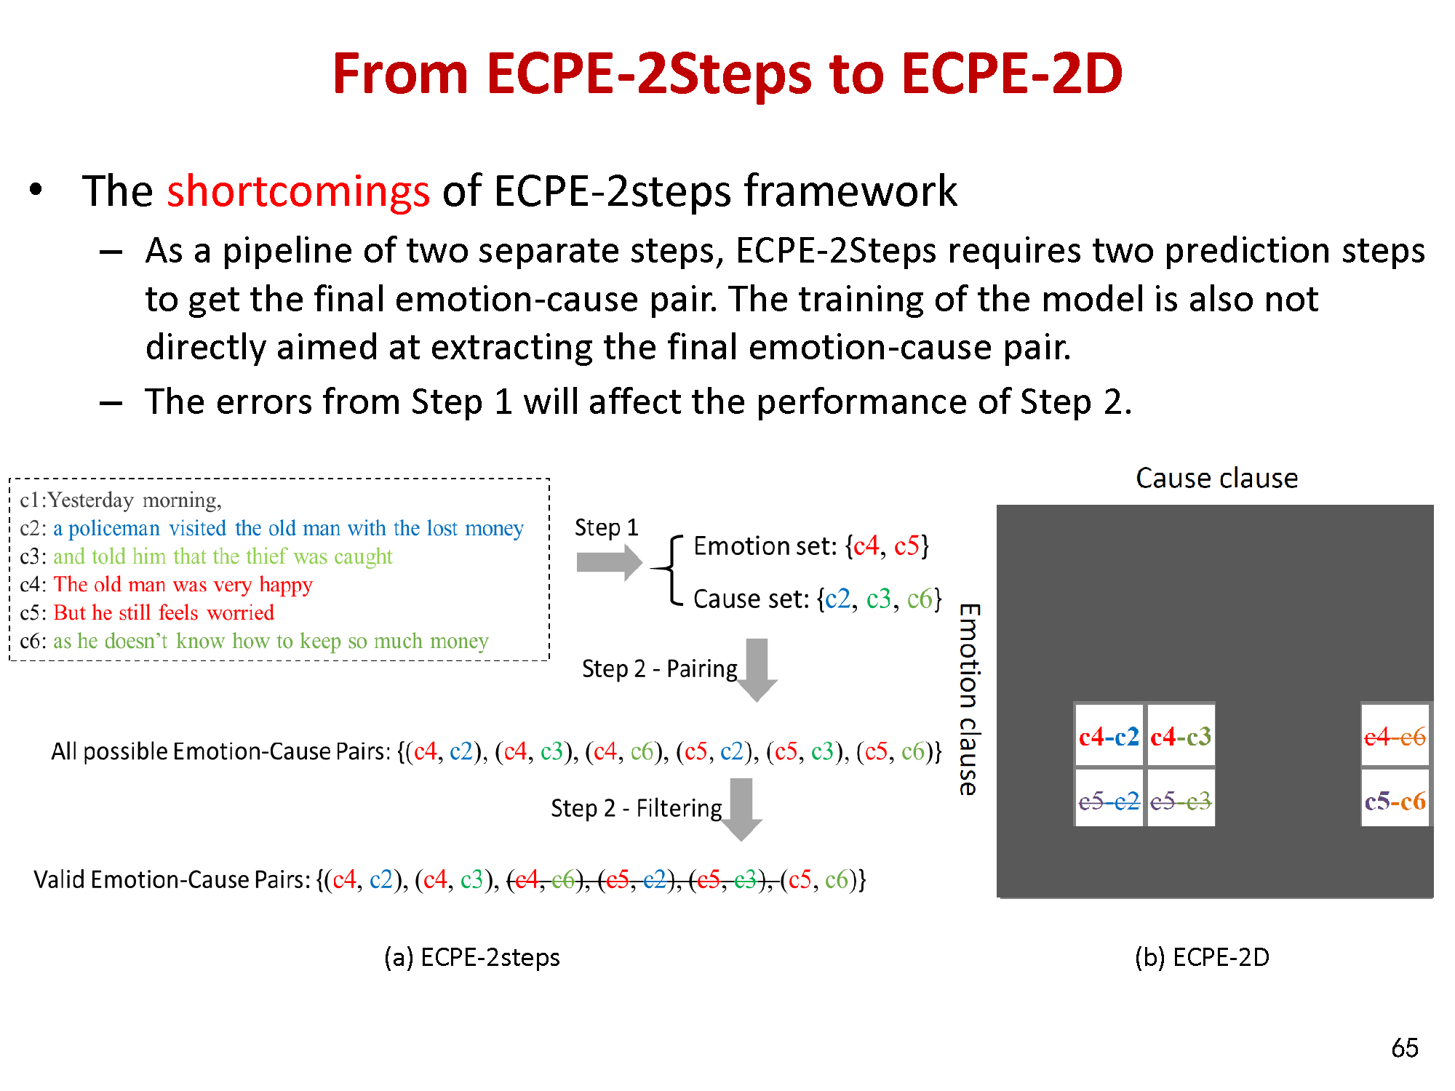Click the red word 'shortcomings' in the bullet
click(x=298, y=191)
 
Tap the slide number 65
click(x=1405, y=1048)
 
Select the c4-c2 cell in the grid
click(x=1109, y=736)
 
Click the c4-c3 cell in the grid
click(x=1181, y=736)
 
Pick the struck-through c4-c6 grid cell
click(x=1395, y=736)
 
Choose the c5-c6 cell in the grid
click(x=1395, y=799)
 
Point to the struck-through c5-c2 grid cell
click(x=1109, y=799)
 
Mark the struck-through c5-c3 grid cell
click(x=1181, y=799)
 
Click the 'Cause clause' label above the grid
click(x=1216, y=478)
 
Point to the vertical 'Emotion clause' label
click(x=969, y=699)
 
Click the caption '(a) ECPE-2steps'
click(x=472, y=957)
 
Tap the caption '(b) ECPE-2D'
click(x=1202, y=957)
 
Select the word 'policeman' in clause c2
click(x=114, y=529)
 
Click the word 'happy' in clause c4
click(x=286, y=586)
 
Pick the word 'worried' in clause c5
click(x=241, y=612)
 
